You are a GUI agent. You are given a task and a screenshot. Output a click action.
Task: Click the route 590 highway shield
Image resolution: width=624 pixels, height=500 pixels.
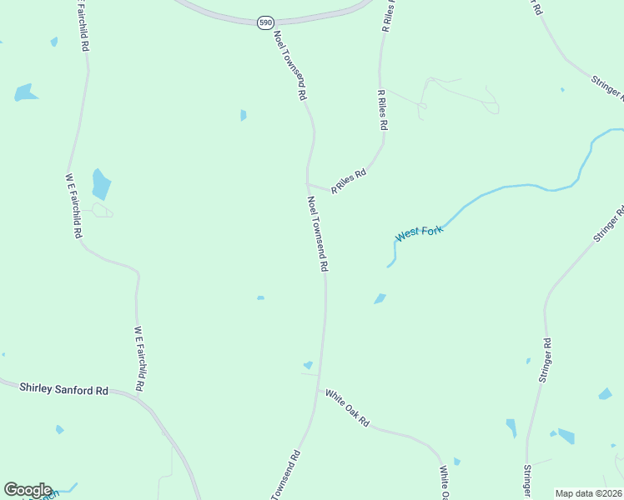pos(265,22)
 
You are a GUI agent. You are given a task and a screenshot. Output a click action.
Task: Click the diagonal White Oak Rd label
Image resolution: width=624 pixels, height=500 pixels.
pos(347,408)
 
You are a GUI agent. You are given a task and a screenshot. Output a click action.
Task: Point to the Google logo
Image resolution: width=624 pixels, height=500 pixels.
pos(28,490)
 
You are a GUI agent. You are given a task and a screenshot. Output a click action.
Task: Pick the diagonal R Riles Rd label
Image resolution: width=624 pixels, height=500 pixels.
pos(349,182)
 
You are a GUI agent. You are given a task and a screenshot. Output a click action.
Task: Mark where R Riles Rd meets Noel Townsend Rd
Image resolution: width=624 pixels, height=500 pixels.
pos(309,185)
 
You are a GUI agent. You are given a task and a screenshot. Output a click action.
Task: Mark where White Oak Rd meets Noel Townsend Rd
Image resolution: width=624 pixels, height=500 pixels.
pos(318,388)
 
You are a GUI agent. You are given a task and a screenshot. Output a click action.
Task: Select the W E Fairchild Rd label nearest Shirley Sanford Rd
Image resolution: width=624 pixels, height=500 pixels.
pos(141,359)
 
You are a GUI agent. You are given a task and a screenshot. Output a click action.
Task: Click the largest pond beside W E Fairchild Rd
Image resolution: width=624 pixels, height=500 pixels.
pos(101,183)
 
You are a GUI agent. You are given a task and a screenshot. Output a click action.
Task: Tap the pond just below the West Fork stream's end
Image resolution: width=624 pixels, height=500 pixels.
pos(380,298)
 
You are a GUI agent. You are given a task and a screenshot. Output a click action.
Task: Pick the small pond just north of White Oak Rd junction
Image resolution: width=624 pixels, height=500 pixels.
pos(309,365)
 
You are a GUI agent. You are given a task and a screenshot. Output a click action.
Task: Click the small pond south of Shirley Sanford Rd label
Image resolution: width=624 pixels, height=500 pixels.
pos(59,429)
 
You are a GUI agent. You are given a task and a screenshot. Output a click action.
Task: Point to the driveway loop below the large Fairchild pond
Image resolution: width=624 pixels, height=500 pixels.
pos(103,211)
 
